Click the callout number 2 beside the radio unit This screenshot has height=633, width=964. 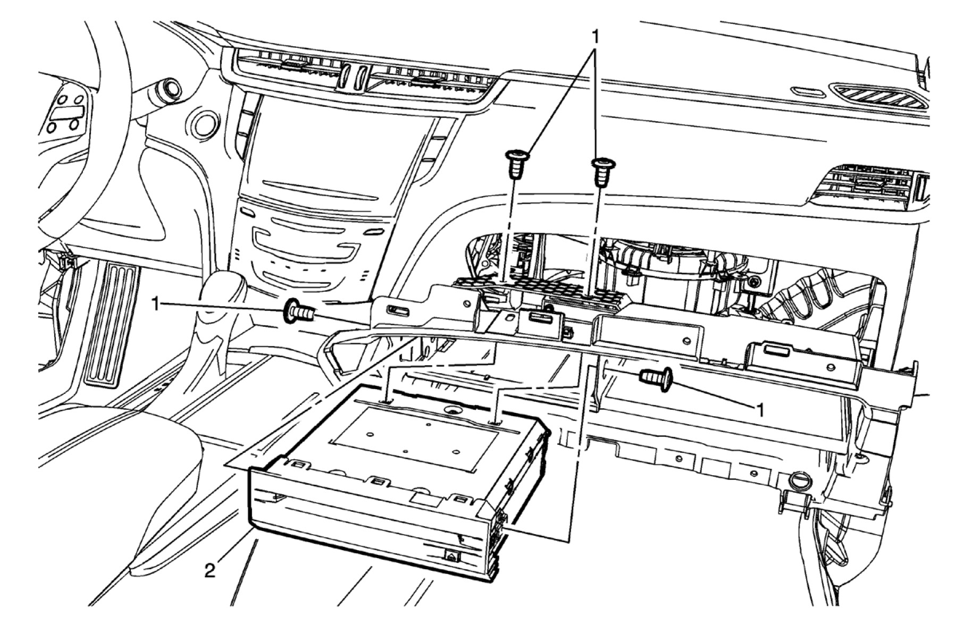click(x=211, y=571)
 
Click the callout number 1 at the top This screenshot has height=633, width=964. click(x=596, y=37)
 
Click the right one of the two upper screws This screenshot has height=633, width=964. click(x=601, y=171)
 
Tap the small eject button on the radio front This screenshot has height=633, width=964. click(x=451, y=556)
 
